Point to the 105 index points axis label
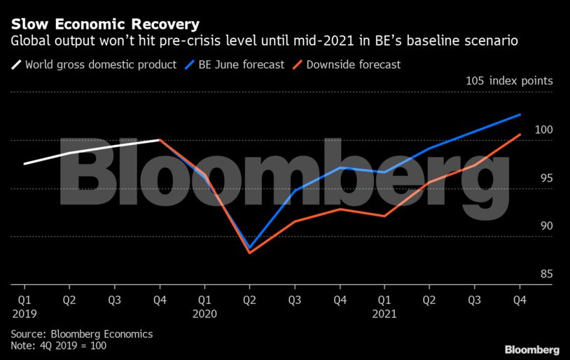[509, 81]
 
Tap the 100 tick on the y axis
[544, 130]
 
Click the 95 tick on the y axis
[544, 178]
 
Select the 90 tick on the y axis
[544, 226]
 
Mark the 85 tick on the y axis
[544, 274]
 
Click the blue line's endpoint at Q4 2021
[519, 114]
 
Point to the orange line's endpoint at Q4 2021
[519, 134]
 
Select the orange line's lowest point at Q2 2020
[249, 252]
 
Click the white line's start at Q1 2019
[25, 163]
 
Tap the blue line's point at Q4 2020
[340, 167]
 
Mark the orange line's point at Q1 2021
[384, 216]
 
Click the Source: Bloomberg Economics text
[81, 334]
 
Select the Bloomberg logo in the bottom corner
[532, 349]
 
